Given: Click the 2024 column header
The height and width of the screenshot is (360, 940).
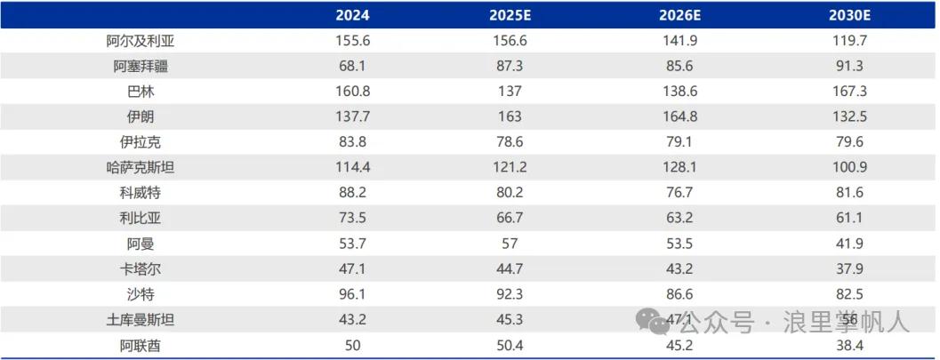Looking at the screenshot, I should coord(354,15).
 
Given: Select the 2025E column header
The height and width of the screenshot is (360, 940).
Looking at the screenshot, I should coord(510,15).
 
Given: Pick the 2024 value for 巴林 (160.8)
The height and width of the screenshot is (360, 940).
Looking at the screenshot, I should coord(354,91).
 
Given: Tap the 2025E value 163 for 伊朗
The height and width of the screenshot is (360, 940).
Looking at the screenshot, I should coord(510,116).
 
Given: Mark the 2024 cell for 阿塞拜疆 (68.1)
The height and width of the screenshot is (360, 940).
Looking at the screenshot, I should coord(354,66).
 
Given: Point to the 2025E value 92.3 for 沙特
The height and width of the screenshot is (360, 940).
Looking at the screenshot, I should coord(510,293).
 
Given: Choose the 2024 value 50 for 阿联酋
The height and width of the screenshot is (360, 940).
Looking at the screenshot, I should coord(354,344).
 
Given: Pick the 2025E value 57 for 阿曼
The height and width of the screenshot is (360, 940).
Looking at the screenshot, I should coord(510,243).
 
